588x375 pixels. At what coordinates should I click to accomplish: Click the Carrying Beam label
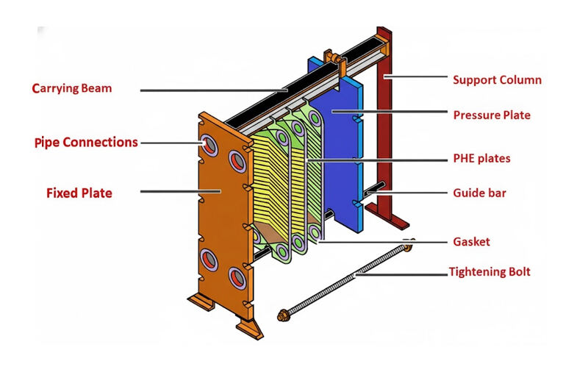pos(72,89)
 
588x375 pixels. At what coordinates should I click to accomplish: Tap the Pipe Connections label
pos(85,142)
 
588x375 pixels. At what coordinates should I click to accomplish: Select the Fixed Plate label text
pos(79,193)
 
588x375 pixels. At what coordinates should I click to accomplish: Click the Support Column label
pos(497,79)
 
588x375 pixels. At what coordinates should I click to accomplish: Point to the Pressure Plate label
pos(491,115)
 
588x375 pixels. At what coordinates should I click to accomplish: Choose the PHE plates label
pos(481,158)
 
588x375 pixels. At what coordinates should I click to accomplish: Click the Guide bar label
pos(479,193)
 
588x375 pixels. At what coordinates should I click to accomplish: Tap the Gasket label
pos(471,241)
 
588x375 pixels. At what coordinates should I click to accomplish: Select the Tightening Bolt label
pos(489,272)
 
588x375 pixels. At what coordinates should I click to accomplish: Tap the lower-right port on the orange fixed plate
pos(237,276)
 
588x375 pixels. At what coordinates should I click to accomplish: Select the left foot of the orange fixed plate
pos(200,300)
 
